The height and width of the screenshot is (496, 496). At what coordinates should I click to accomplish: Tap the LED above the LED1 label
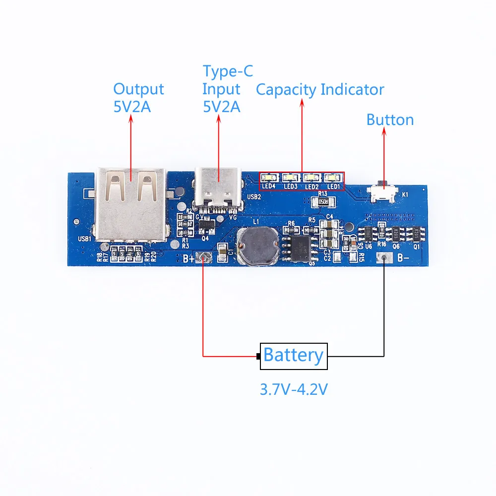coord(332,177)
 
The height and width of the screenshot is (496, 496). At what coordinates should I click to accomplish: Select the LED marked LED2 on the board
coord(311,177)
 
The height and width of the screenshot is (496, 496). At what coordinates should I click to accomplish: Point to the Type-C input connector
coord(218,188)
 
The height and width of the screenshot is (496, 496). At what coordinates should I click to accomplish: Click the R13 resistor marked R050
coord(323,202)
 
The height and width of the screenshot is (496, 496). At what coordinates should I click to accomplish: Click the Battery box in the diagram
coord(294,356)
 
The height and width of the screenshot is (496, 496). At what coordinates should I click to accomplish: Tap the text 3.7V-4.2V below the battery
coord(294,389)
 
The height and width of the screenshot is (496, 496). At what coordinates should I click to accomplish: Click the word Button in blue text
coord(390,120)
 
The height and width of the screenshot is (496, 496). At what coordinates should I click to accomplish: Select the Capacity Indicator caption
coord(320,90)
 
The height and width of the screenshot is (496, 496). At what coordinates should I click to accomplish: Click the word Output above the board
coord(138,89)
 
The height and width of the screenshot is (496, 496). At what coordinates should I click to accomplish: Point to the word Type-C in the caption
coord(228,72)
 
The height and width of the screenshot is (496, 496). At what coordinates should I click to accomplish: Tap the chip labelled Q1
coord(415,234)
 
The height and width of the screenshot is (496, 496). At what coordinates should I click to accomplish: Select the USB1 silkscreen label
coord(85,239)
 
